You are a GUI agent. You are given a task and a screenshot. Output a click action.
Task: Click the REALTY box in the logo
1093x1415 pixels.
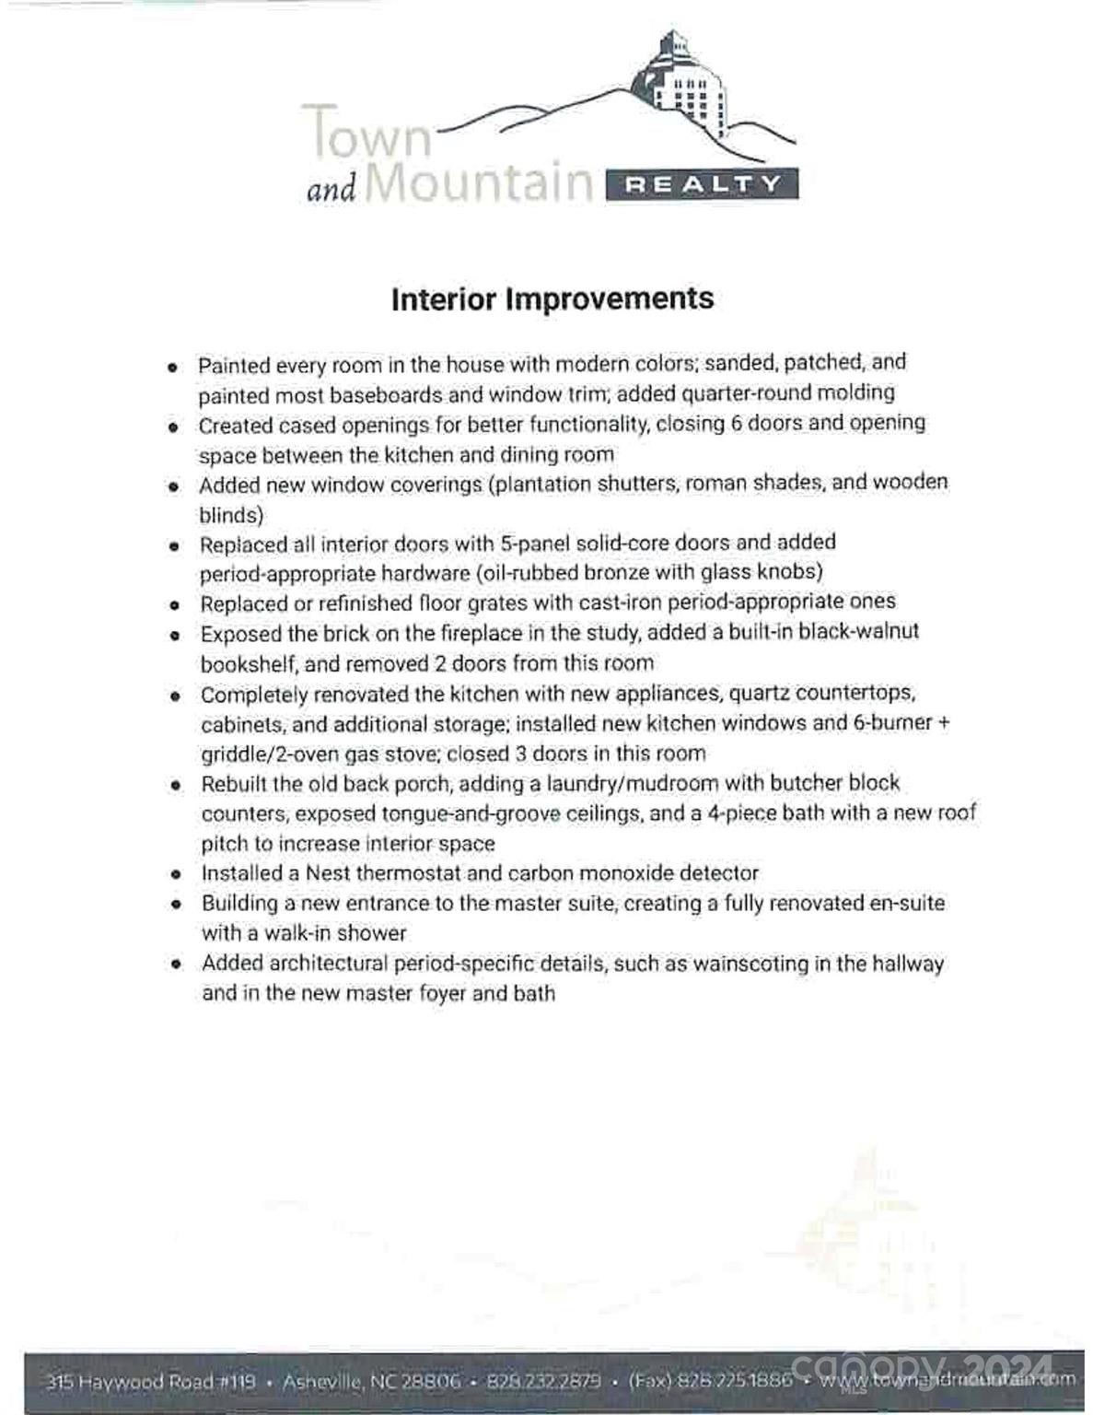click(x=702, y=184)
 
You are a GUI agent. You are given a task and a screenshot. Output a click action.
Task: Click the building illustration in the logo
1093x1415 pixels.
click(x=686, y=88)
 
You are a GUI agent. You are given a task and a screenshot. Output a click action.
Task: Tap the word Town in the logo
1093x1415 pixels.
click(x=366, y=132)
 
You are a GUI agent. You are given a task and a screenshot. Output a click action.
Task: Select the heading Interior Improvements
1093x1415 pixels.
click(x=552, y=299)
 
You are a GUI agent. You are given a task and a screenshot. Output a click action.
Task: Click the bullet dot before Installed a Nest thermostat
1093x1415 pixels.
click(x=175, y=874)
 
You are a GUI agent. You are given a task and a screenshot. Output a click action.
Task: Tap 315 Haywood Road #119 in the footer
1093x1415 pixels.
click(x=150, y=1382)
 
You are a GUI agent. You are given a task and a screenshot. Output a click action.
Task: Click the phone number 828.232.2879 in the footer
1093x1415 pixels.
click(x=543, y=1382)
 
